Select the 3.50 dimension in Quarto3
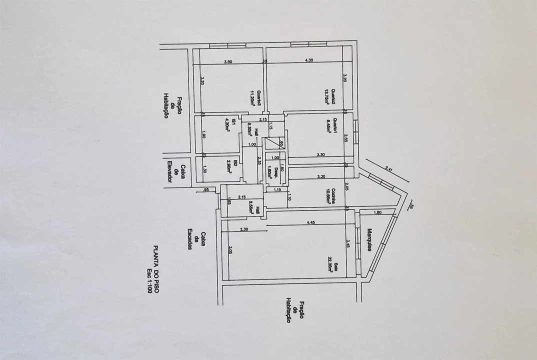228,61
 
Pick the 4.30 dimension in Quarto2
309,60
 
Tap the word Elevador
169,171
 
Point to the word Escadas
190,239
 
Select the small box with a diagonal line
274,144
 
